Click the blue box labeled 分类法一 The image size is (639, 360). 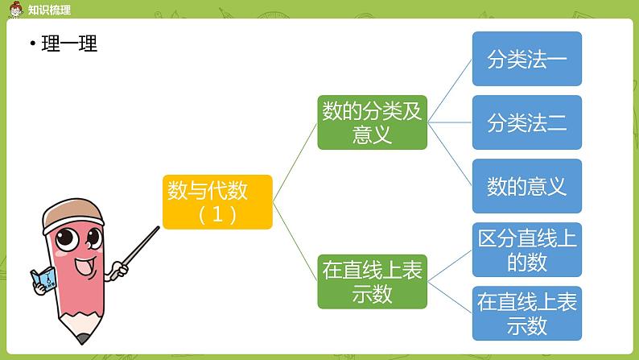pyautogui.click(x=526, y=59)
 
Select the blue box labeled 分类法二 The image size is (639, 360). pyautogui.click(x=526, y=123)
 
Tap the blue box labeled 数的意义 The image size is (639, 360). pyautogui.click(x=526, y=187)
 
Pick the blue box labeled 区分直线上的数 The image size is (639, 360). pyautogui.click(x=526, y=250)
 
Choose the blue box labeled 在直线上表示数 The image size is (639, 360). pyautogui.click(x=526, y=313)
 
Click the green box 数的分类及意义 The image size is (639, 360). pyautogui.click(x=371, y=123)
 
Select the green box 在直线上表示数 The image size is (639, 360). pyautogui.click(x=371, y=282)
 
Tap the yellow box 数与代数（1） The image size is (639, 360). pyautogui.click(x=217, y=202)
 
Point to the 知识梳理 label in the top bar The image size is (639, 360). pyautogui.click(x=48, y=10)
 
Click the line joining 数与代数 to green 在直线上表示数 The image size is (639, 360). pyautogui.click(x=295, y=242)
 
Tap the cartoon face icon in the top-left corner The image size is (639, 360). pyautogui.click(x=12, y=9)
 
